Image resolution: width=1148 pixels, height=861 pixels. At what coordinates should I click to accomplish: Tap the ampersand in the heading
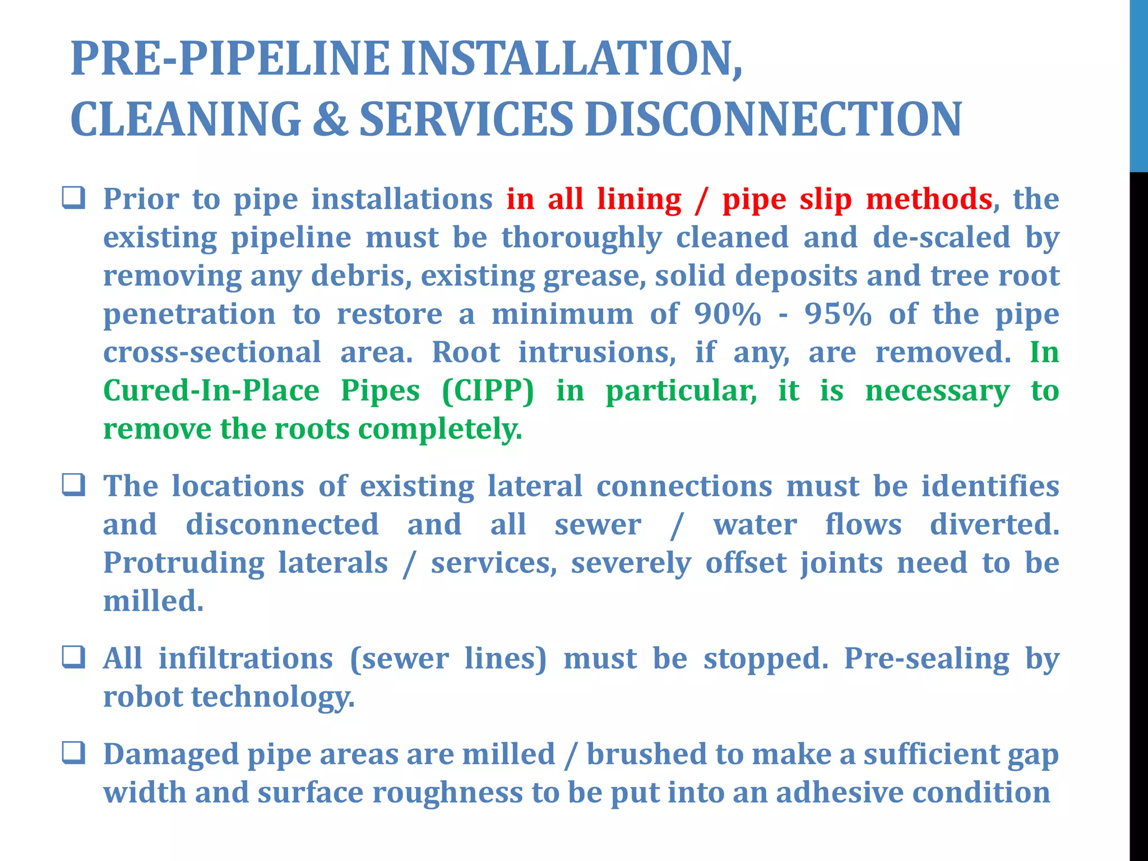coord(330,119)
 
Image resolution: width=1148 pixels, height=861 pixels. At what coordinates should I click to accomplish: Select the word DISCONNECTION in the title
coord(773,119)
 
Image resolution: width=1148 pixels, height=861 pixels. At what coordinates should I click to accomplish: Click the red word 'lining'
coord(639,200)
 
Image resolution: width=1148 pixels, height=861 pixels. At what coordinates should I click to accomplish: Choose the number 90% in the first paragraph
coord(728,314)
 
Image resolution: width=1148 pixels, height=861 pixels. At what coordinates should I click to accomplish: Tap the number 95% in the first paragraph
coord(839,314)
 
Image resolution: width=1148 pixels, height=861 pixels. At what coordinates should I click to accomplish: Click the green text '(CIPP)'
coord(488,391)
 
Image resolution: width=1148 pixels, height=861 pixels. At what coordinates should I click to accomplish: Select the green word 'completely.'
coord(440,429)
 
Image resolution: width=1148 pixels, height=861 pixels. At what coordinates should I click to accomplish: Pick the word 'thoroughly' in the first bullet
coord(581,238)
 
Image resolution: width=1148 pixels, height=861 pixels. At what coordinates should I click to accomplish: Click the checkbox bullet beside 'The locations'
coord(73,485)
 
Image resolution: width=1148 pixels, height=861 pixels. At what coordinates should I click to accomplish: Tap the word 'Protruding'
coord(184,563)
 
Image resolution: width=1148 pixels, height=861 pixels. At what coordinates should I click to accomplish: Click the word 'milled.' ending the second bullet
coord(153,601)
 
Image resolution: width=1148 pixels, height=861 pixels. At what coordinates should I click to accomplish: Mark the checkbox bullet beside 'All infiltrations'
coord(73,657)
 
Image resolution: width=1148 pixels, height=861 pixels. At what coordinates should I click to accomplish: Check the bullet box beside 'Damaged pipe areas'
coord(73,753)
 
